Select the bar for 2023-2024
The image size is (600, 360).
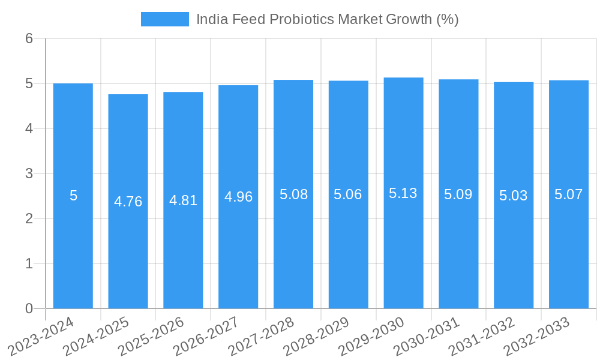point(73,252)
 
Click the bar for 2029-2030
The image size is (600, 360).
point(403,252)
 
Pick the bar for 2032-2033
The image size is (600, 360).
point(568,252)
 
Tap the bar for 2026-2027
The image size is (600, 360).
point(238,252)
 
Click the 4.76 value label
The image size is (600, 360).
point(128,202)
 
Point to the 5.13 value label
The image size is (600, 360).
point(403,193)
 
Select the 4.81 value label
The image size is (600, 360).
point(183,200)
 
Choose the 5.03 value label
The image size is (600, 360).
point(513,196)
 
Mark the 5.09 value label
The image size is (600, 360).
point(458,194)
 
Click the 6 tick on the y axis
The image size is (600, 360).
point(29,38)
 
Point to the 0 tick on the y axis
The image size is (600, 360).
point(29,308)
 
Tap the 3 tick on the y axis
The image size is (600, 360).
point(29,173)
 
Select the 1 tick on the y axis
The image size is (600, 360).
point(29,263)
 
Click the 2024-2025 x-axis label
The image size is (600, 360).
point(97,337)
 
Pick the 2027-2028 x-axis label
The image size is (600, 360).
point(262,337)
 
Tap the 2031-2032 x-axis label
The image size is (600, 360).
point(482,337)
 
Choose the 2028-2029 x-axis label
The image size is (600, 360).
point(317,337)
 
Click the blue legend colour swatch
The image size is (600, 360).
point(164,19)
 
